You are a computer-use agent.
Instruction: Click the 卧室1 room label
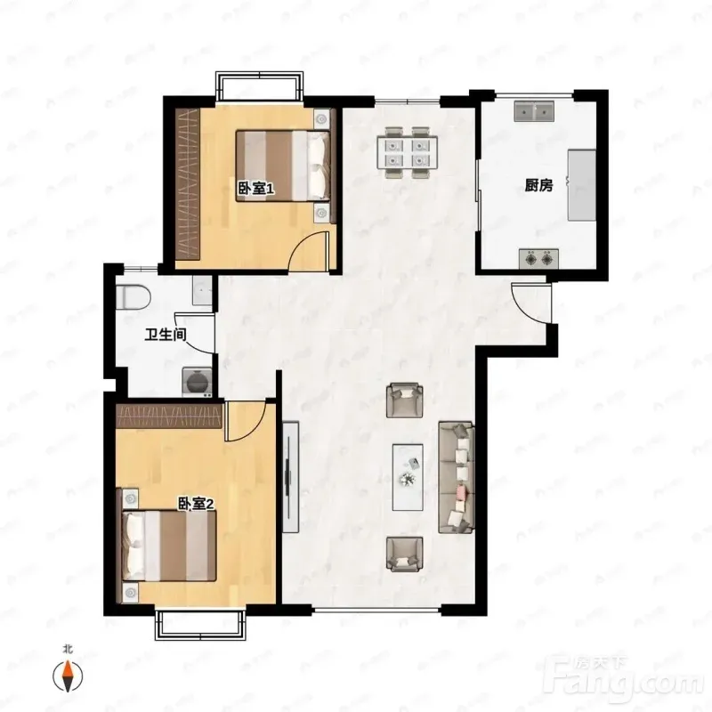(x=256, y=189)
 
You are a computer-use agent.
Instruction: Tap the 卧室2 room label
(x=196, y=504)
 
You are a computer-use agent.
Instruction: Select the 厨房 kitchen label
(x=538, y=185)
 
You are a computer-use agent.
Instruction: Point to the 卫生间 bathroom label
(x=166, y=336)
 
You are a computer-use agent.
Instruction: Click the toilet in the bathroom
(x=133, y=297)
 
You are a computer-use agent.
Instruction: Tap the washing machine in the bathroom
(x=197, y=382)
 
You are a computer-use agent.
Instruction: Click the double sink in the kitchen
(x=534, y=111)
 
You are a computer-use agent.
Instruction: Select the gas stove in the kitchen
(x=538, y=259)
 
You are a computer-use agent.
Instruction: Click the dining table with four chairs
(x=408, y=152)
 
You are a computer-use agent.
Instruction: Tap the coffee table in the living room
(x=408, y=477)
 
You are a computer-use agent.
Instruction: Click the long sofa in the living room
(x=457, y=477)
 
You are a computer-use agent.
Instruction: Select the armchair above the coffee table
(x=405, y=400)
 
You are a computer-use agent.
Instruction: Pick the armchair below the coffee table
(x=405, y=554)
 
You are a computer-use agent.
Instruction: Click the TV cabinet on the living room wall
(x=291, y=477)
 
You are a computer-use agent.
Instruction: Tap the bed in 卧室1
(x=283, y=166)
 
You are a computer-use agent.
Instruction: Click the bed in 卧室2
(x=168, y=546)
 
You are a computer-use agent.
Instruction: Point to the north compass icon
(x=68, y=676)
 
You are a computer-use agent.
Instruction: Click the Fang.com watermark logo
(x=627, y=677)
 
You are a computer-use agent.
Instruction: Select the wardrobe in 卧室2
(x=169, y=416)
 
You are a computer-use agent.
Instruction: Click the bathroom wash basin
(x=202, y=290)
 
